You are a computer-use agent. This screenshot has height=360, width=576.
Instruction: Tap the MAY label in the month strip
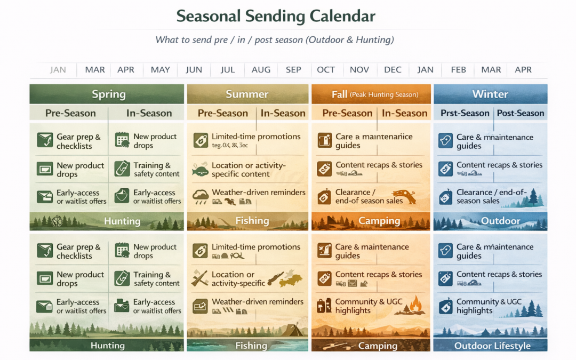point(160,70)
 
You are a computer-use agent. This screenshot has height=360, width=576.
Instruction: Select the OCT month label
point(326,70)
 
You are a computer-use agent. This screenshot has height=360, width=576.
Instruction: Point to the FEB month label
point(458,70)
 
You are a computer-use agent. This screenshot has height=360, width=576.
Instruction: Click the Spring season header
point(108,94)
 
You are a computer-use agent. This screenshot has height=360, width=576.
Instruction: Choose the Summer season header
point(247,94)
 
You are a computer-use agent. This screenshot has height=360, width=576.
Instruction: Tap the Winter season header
point(490,94)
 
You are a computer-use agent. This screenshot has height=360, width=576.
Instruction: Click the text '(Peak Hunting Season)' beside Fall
point(384,95)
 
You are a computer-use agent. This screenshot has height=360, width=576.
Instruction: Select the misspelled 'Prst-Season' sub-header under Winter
point(465,113)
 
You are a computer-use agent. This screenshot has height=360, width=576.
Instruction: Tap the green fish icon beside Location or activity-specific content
point(200,171)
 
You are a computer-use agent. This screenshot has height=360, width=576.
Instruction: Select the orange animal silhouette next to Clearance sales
point(404,196)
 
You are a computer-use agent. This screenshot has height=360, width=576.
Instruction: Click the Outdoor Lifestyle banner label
point(492,346)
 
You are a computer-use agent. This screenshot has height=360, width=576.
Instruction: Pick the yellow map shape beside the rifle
point(291,279)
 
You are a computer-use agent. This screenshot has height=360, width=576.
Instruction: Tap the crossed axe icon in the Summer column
point(200,278)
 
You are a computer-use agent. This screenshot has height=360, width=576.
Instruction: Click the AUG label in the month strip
point(261,70)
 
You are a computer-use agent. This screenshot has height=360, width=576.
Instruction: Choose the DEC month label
point(393,70)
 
